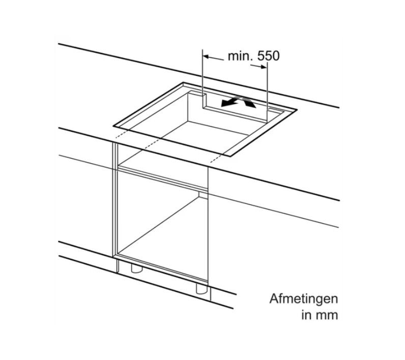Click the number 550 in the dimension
(x=269, y=56)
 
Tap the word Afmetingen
(x=304, y=299)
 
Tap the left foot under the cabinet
(x=137, y=268)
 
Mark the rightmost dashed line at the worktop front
(x=216, y=158)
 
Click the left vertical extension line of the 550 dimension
(x=203, y=77)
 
